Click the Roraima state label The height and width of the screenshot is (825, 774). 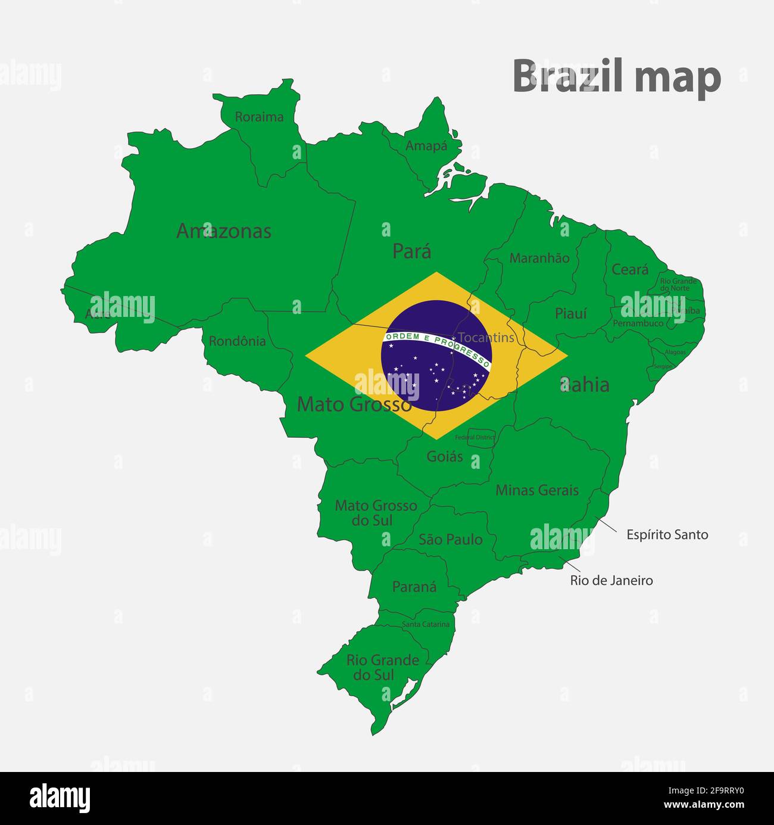point(259,117)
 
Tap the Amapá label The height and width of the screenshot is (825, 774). point(426,145)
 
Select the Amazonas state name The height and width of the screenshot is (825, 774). point(224,231)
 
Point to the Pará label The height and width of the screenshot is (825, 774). point(411,251)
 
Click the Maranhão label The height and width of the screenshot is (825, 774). point(539,258)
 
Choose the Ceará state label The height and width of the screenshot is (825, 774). point(630,269)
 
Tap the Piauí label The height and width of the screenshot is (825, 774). point(571,313)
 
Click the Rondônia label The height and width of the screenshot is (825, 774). point(237,341)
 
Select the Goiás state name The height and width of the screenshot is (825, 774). point(445,456)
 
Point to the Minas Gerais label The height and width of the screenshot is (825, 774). point(537,490)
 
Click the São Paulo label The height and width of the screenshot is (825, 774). point(451,540)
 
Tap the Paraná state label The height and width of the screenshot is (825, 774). point(414,587)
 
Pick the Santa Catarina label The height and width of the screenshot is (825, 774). point(426,624)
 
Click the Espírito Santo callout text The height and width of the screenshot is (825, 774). point(667,535)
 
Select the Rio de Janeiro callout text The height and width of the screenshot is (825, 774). point(611,580)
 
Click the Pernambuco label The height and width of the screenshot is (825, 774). point(638,323)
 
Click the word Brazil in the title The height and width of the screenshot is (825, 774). point(567,76)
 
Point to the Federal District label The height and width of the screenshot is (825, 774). point(475,437)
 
